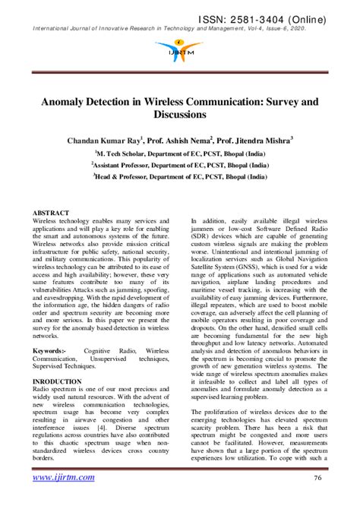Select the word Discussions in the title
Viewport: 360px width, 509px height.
[180, 115]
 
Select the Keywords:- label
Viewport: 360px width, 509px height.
[49, 351]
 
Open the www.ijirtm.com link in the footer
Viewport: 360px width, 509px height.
[64, 478]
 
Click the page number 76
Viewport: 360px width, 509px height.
[320, 478]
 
